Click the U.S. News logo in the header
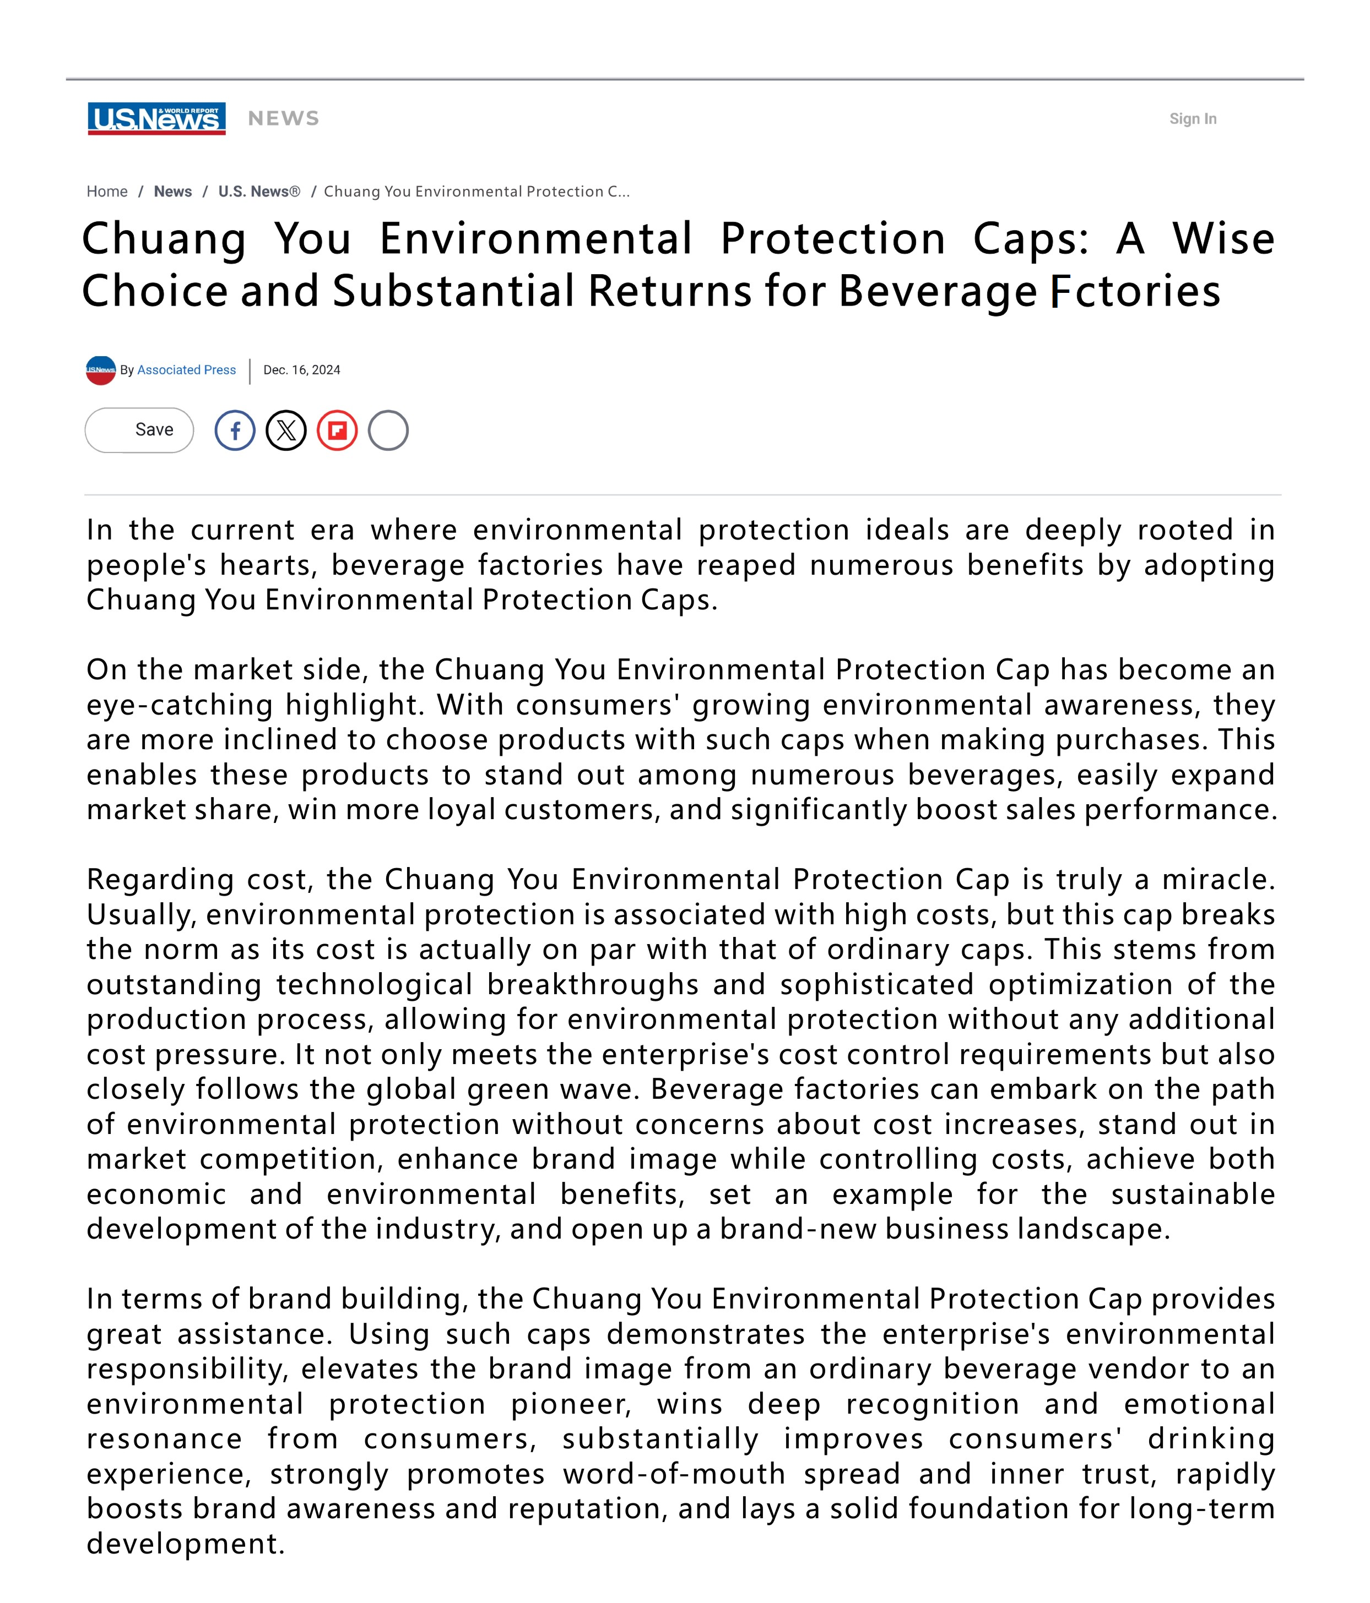tap(156, 118)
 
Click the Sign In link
tap(1192, 119)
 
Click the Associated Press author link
tap(187, 370)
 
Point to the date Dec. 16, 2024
tap(302, 370)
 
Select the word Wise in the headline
tap(1223, 238)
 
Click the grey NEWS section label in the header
tap(283, 119)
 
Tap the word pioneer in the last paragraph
tap(571, 1404)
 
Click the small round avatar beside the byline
tap(101, 370)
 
